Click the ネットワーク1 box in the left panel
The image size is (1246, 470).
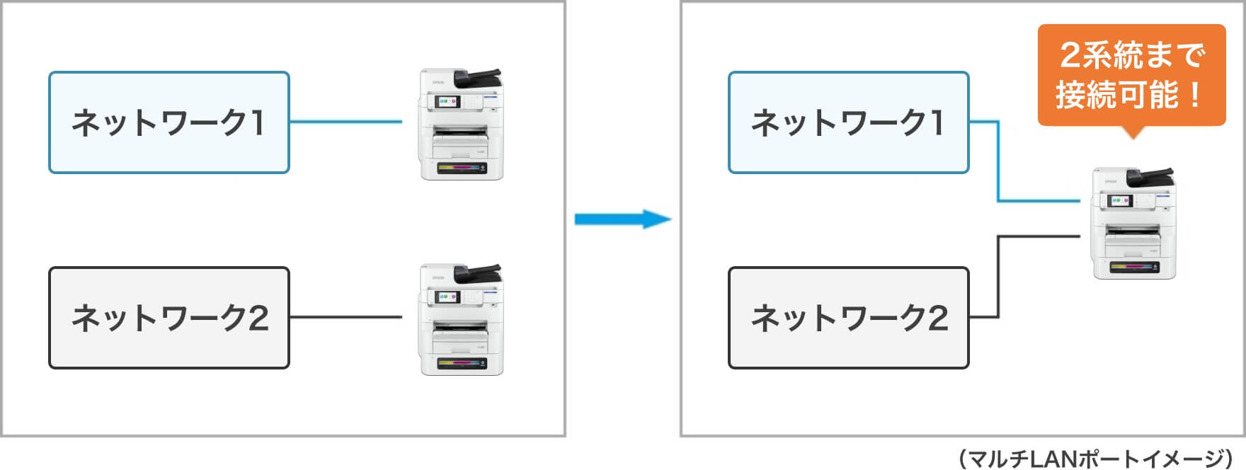pyautogui.click(x=168, y=122)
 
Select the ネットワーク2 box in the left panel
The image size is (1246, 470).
pyautogui.click(x=168, y=318)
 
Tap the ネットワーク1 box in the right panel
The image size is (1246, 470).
pyautogui.click(x=848, y=122)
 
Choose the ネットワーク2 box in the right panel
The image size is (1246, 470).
pyautogui.click(x=848, y=318)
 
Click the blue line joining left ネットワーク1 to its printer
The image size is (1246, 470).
pyautogui.click(x=345, y=122)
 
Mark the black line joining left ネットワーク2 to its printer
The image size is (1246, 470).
pyautogui.click(x=345, y=317)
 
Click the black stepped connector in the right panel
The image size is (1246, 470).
pyautogui.click(x=998, y=276)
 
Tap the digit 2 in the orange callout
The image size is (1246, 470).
pyautogui.click(x=1071, y=55)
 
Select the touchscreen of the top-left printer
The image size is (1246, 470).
pyautogui.click(x=448, y=102)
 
